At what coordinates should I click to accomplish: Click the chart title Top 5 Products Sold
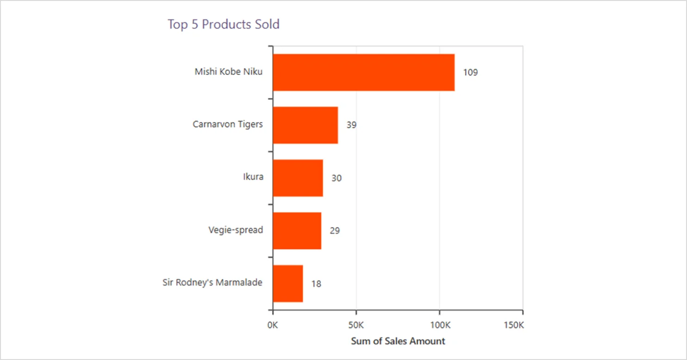(x=223, y=24)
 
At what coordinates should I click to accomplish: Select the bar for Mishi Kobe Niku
(x=363, y=72)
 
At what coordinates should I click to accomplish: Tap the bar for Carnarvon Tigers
(x=305, y=125)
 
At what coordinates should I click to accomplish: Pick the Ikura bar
(x=298, y=178)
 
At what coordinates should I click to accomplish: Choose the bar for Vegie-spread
(x=297, y=230)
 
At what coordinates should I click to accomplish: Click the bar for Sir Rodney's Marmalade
(x=287, y=283)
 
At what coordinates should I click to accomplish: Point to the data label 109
(x=470, y=73)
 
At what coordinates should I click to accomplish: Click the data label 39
(x=351, y=125)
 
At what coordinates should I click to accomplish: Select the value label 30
(x=337, y=178)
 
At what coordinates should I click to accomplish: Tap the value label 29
(x=335, y=230)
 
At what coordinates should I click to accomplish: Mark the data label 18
(x=316, y=284)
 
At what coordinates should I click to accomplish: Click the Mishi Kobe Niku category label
(x=229, y=72)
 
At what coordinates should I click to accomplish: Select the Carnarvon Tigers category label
(x=228, y=124)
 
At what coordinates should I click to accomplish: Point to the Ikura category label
(x=253, y=177)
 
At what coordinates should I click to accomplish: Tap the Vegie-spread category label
(x=236, y=230)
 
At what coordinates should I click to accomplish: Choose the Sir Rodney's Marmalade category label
(x=212, y=283)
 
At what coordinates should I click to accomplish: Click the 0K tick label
(x=273, y=325)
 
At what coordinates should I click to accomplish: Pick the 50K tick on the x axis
(x=356, y=325)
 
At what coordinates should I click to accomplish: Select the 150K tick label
(x=513, y=325)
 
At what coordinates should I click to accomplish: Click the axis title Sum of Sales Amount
(x=398, y=341)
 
